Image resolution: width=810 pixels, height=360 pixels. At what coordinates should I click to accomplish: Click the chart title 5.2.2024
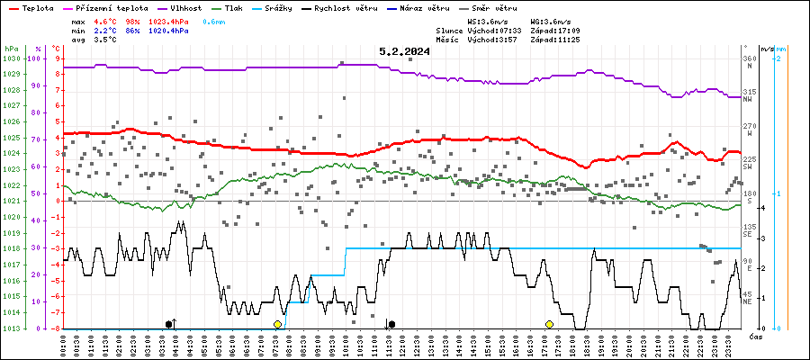coord(404,52)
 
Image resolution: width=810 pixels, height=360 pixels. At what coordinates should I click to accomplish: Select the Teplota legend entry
coord(36,7)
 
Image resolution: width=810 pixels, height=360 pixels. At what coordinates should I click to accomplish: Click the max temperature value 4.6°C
coord(108,21)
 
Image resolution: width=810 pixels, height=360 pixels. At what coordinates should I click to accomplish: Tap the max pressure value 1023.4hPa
coord(169,21)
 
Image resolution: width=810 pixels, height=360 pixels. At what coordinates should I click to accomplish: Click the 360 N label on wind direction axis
coord(748,62)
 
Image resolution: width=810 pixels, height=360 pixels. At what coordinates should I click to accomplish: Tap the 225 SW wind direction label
coord(748,163)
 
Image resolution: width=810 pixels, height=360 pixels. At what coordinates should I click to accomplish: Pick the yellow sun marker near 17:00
coord(549,324)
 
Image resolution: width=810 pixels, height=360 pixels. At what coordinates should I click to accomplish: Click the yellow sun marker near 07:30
coord(278,324)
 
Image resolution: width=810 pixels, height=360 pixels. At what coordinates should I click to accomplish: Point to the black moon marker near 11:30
coord(391,324)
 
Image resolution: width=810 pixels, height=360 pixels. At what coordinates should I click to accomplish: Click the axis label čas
coord(756,336)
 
